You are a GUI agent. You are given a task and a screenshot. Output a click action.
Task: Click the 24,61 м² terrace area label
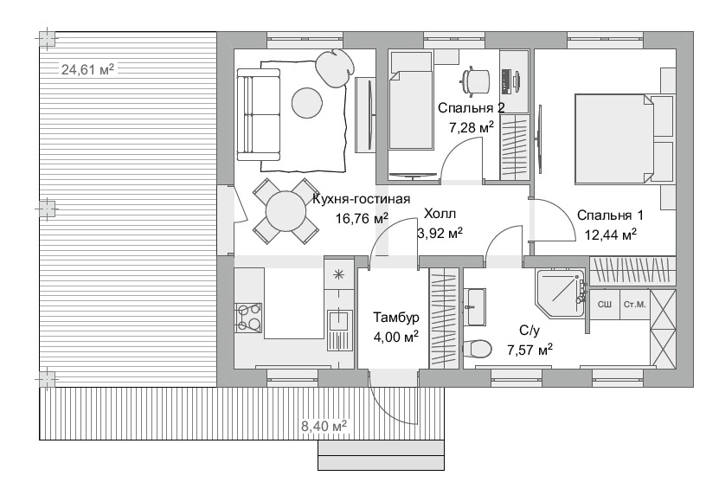coord(87,69)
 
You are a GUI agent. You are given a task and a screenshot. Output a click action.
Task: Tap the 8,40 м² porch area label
coord(324,425)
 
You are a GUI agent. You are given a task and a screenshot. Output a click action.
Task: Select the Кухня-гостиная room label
coord(361,199)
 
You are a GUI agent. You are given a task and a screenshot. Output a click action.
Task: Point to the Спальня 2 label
coord(471,107)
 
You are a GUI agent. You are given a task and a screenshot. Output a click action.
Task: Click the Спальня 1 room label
coord(610,215)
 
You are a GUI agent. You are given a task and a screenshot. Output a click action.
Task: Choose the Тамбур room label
coord(396,317)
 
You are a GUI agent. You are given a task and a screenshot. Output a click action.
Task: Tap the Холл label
coord(440,213)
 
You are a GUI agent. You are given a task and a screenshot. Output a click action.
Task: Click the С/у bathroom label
coord(529,331)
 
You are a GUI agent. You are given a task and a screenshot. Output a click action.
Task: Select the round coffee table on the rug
coord(307,103)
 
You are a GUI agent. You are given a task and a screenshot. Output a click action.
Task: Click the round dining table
coord(286,211)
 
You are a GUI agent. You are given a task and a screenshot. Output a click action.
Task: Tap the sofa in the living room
coord(259,114)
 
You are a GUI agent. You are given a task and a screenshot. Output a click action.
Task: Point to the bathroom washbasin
coord(475,306)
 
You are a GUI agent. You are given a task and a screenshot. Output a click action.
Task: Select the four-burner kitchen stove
coord(248,318)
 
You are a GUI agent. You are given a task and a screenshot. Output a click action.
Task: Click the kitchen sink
coord(337,321)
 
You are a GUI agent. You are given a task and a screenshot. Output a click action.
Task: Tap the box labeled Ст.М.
coord(635,305)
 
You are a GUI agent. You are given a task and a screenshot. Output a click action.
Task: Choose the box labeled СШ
coord(605,305)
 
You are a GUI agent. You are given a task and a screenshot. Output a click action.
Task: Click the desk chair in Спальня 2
coord(475,81)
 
